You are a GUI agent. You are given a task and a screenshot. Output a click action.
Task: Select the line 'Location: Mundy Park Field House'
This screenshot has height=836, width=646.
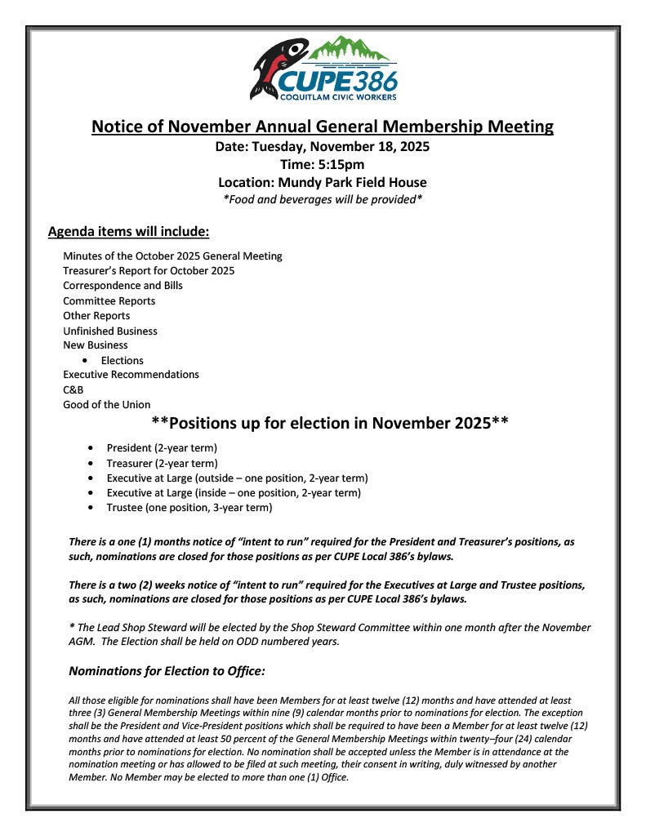pyautogui.click(x=322, y=182)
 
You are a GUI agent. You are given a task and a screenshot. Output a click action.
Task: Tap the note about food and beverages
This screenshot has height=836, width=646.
pyautogui.click(x=322, y=199)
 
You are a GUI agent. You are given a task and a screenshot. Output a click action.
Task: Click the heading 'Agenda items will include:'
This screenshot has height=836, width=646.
pyautogui.click(x=129, y=232)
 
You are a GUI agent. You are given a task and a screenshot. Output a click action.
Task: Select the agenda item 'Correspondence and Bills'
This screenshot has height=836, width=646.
pyautogui.click(x=123, y=286)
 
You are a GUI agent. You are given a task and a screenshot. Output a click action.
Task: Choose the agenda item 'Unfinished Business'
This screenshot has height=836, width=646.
pyautogui.click(x=110, y=331)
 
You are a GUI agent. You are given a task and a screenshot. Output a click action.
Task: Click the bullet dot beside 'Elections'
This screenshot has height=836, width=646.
pyautogui.click(x=86, y=361)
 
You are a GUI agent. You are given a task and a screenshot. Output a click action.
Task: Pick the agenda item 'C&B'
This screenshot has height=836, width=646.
pyautogui.click(x=74, y=389)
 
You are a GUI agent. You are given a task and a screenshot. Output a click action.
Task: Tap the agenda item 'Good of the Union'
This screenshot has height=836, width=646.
pyautogui.click(x=107, y=404)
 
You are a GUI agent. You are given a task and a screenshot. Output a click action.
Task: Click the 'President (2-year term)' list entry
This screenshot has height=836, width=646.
pyautogui.click(x=162, y=448)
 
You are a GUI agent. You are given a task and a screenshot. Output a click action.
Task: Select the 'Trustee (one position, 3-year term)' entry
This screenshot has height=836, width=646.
pyautogui.click(x=189, y=507)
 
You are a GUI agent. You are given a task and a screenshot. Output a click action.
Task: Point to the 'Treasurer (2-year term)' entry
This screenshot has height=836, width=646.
pyautogui.click(x=162, y=463)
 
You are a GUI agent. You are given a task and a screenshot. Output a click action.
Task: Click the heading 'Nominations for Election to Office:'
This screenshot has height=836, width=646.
pyautogui.click(x=167, y=671)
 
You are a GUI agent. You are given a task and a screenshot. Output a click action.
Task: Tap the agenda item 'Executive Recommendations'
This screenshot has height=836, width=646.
pyautogui.click(x=131, y=375)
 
